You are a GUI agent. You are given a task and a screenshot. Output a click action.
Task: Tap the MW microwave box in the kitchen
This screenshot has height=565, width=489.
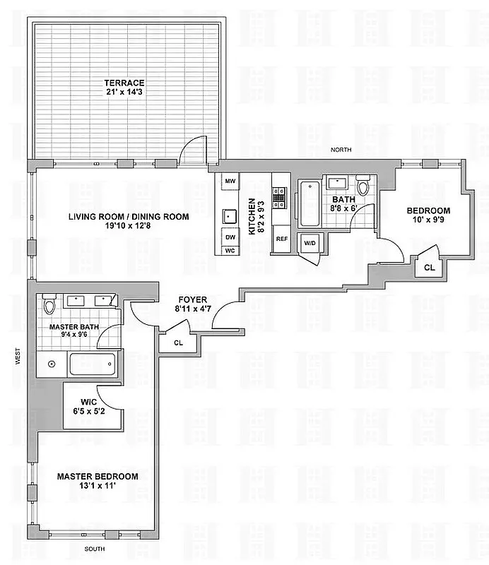230,182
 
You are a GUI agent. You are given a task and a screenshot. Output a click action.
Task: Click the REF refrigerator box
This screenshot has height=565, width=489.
281,239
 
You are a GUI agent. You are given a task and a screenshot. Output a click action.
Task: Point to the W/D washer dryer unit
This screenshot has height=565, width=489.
310,243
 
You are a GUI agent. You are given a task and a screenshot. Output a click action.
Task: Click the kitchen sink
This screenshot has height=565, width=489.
230,215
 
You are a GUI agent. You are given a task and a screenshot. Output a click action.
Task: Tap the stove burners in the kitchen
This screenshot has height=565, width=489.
279,195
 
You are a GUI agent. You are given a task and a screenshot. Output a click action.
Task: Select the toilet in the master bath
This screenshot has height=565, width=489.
49,305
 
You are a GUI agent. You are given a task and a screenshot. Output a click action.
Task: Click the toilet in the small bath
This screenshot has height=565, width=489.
363,188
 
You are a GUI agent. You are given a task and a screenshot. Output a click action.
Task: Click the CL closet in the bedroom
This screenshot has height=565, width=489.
429,267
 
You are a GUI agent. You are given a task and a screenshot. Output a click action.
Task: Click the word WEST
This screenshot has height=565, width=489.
15,359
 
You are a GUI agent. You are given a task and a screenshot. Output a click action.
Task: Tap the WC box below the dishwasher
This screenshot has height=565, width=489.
230,251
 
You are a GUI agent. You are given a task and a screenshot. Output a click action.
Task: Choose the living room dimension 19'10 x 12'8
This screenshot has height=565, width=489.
128,227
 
